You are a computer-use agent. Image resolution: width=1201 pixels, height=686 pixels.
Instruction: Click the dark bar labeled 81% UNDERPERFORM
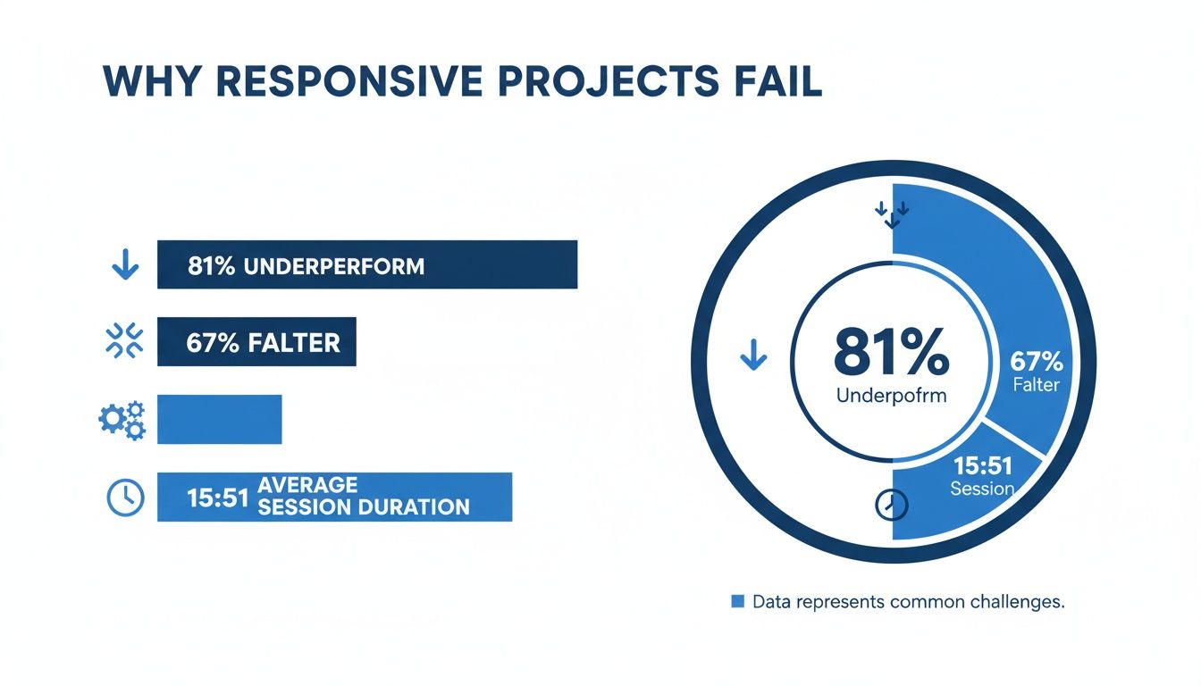click(366, 264)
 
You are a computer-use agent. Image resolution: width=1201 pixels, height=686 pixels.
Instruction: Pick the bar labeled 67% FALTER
click(256, 342)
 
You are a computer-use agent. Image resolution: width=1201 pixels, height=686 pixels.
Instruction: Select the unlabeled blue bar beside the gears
click(219, 419)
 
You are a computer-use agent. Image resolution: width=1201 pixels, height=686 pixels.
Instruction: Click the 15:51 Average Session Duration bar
click(334, 497)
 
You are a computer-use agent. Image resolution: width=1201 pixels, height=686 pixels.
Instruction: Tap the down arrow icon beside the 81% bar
click(124, 265)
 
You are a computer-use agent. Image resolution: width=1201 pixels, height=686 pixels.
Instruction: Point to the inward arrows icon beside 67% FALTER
click(124, 342)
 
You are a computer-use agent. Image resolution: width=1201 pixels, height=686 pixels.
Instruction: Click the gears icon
click(122, 420)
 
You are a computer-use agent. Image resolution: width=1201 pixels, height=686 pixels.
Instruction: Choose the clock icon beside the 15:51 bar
click(124, 497)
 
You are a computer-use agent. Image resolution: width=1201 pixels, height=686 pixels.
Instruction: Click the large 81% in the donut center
click(891, 353)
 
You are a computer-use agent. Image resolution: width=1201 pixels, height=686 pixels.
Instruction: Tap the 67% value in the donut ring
click(1036, 362)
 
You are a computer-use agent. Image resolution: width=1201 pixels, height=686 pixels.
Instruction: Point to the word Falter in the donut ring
click(1036, 385)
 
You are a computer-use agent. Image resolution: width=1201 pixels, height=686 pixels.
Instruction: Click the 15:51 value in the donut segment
click(981, 466)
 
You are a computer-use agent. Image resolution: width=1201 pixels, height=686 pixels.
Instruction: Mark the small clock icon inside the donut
click(891, 505)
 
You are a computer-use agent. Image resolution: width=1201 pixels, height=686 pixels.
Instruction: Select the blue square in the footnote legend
click(737, 601)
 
